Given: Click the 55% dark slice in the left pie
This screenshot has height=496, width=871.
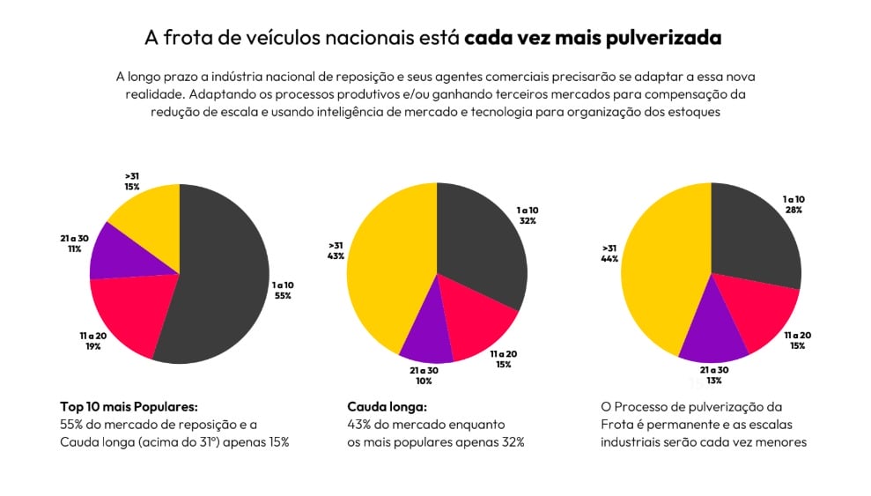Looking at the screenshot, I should coord(220,282).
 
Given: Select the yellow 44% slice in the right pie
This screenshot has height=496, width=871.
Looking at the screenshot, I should coord(656,273).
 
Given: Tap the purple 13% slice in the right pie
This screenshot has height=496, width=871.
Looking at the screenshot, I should coord(713,335).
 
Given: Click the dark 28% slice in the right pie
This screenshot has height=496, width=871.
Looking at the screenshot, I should coord(757,233).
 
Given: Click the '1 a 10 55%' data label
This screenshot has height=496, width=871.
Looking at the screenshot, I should coord(282,291).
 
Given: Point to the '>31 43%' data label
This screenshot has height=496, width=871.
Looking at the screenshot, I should coord(336,250).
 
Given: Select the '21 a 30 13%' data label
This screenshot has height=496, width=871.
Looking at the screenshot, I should coord(713,374).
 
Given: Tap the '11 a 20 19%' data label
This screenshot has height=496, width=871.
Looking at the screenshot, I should coord(92,341).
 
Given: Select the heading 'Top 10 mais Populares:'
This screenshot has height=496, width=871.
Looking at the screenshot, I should coord(129,407).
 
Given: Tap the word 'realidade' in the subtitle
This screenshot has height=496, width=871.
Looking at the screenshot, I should coord(144,93).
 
